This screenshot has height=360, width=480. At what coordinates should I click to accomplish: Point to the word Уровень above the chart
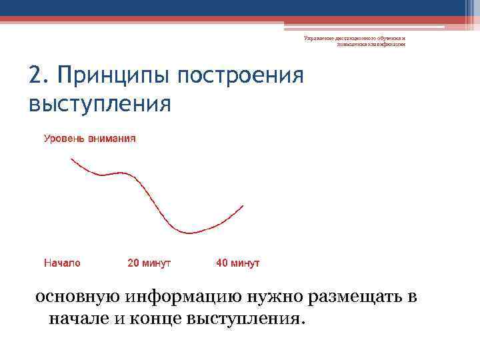(x=64, y=139)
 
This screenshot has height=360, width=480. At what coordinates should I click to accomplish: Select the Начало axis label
(x=62, y=263)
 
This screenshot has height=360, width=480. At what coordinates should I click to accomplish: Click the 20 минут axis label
(x=149, y=263)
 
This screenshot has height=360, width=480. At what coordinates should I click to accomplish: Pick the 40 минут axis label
(x=238, y=263)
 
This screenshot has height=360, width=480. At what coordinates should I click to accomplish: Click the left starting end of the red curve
(x=71, y=159)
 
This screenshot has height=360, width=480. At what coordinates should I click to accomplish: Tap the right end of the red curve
(x=243, y=205)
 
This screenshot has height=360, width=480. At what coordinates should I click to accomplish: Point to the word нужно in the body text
(x=258, y=297)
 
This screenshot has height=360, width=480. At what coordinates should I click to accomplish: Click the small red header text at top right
(x=354, y=41)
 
